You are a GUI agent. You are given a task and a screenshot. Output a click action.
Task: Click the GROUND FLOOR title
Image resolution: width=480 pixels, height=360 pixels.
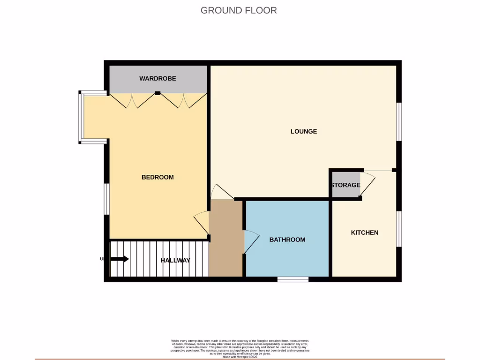239,10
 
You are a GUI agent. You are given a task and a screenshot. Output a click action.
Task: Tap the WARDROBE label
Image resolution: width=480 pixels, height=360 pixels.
157,78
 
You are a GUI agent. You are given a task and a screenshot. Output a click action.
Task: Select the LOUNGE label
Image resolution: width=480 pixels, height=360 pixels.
304,131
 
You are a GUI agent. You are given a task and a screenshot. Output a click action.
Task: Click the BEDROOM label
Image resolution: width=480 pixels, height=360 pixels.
157,177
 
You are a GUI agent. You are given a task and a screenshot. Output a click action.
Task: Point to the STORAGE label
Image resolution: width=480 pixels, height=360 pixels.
345,185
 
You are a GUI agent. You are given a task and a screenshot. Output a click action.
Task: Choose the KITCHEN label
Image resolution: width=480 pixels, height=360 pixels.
365,232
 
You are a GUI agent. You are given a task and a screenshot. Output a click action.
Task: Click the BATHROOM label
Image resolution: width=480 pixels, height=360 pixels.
287,240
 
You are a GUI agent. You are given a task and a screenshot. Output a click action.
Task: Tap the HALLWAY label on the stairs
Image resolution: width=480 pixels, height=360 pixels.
175,260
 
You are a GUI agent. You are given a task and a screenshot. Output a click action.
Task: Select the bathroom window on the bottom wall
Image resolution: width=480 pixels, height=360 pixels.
292,279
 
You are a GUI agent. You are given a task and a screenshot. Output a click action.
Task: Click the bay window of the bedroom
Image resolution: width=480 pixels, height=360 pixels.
81,117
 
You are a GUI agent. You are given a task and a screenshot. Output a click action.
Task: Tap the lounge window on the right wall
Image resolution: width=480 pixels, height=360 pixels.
399,121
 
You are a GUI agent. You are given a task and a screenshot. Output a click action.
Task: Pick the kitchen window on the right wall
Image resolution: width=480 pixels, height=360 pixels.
399,228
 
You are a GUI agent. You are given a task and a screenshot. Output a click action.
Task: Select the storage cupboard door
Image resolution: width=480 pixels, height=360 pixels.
368,184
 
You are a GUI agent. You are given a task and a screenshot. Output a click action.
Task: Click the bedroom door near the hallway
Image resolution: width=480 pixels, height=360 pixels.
202,223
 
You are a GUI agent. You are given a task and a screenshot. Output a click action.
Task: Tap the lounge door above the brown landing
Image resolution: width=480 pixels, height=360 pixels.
222,192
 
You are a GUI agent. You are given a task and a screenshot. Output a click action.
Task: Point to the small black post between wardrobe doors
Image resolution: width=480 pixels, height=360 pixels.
157,93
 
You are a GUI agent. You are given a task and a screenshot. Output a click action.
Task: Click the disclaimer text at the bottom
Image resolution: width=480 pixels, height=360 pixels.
240,348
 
